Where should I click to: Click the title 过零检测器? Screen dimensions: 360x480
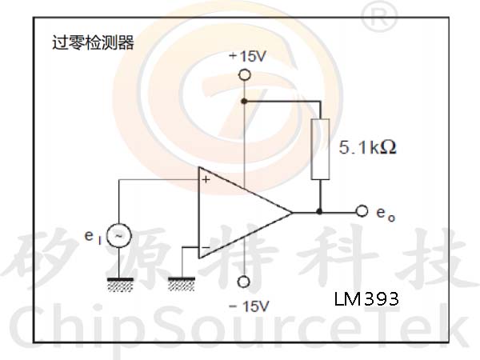tap(93, 42)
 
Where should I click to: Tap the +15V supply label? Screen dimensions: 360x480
tap(245, 57)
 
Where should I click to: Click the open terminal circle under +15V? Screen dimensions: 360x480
tap(244, 74)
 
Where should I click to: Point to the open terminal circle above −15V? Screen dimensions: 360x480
tap(244, 282)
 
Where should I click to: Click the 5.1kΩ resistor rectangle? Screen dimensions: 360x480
tap(320, 148)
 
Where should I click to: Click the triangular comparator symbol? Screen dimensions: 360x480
tap(240, 213)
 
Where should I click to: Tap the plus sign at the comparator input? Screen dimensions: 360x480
tap(206, 180)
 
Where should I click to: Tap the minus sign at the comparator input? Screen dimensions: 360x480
tap(206, 246)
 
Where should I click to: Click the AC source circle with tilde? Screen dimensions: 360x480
tap(119, 236)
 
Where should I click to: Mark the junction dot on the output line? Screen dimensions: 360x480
tap(320, 212)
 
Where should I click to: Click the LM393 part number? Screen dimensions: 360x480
tap(366, 299)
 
